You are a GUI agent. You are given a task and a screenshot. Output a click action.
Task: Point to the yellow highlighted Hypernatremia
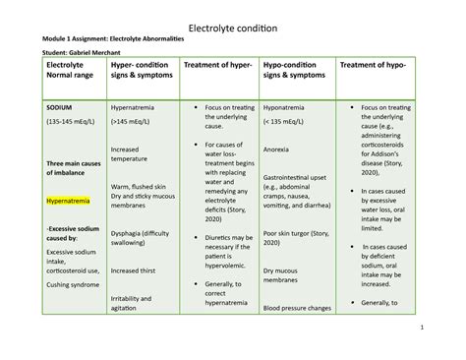[x=69, y=201]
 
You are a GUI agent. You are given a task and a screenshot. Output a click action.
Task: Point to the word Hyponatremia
[x=290, y=103]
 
